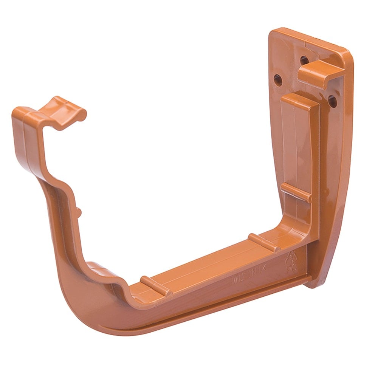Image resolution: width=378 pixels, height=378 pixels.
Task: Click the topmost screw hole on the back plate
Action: point(304,60)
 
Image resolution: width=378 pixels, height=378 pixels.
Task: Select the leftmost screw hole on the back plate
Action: point(278,80)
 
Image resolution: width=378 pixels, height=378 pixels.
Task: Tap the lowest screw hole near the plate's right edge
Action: point(332,101)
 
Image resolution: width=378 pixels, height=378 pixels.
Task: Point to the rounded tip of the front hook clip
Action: point(80,115)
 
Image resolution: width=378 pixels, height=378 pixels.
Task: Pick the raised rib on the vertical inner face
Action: point(296,193)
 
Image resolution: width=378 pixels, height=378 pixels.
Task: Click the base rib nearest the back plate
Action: point(264,243)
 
